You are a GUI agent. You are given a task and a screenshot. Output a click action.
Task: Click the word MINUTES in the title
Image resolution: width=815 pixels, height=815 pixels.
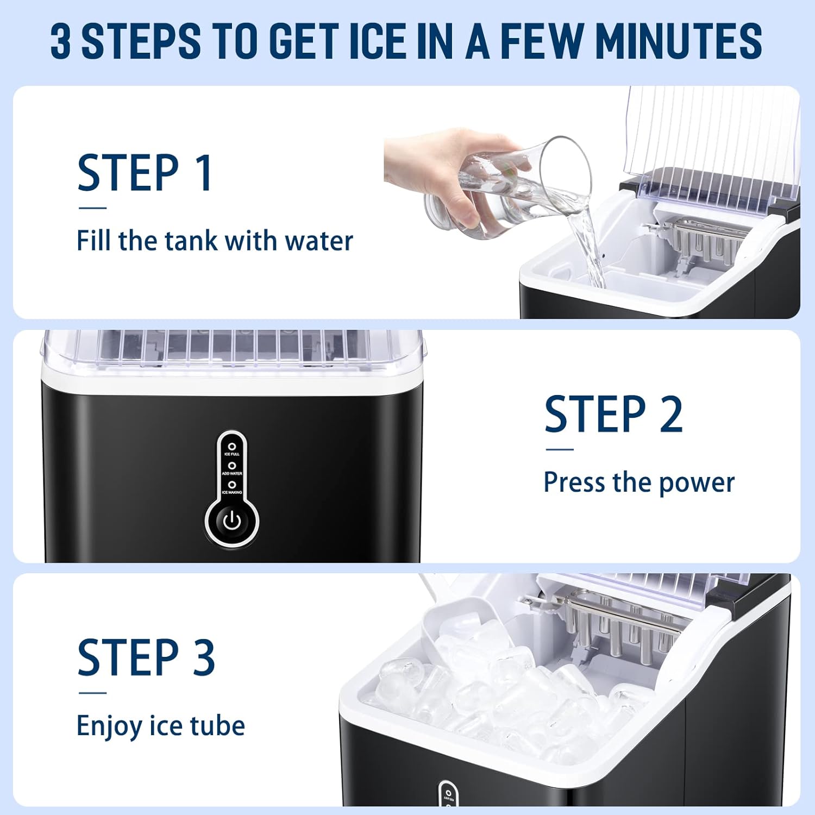(x=679, y=41)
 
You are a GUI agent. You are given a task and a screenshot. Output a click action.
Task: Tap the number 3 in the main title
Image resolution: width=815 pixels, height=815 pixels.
(x=61, y=41)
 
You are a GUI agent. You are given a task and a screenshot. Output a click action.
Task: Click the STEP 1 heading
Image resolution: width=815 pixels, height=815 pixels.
(x=145, y=173)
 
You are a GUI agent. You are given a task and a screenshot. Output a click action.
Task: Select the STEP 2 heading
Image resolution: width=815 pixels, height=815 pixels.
(x=613, y=415)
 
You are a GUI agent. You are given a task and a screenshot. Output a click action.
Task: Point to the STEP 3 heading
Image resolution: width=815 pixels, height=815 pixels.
(x=146, y=657)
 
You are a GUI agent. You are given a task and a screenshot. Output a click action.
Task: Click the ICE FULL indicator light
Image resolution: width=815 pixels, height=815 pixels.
(x=232, y=447)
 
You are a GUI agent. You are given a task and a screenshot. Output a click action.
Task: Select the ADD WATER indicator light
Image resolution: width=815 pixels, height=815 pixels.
(x=232, y=466)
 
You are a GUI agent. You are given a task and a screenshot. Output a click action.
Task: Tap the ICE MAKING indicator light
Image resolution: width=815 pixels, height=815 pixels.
(x=232, y=485)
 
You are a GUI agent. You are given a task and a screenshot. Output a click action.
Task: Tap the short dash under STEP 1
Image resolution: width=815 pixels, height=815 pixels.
(x=92, y=208)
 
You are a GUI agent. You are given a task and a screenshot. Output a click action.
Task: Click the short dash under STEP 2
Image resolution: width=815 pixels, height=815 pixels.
(x=560, y=449)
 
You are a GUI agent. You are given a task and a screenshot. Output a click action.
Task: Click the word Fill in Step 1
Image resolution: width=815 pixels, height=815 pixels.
(x=93, y=241)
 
